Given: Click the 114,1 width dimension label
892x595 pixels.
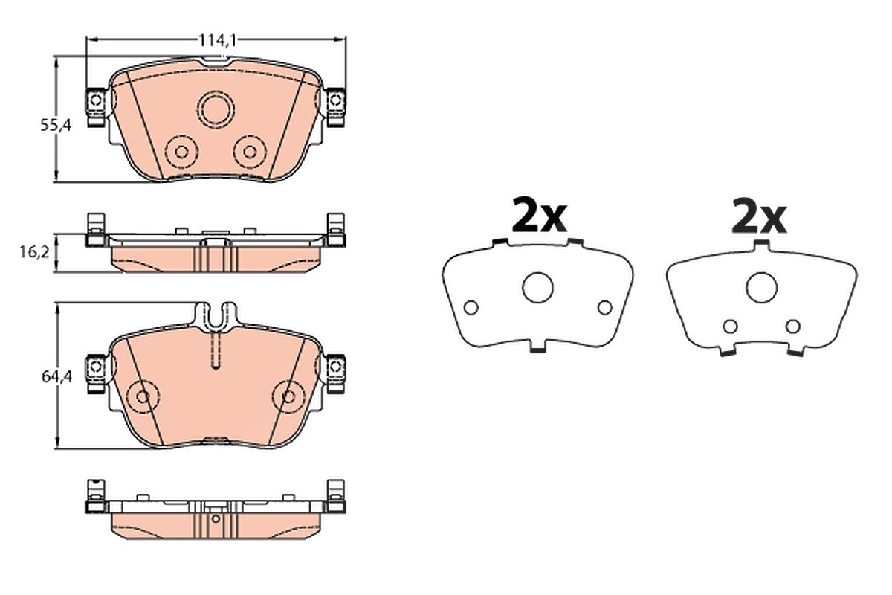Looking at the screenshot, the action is click(217, 40).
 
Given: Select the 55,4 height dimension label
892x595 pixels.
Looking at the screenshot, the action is click(56, 126).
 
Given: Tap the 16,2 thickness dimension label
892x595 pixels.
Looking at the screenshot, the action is click(34, 252).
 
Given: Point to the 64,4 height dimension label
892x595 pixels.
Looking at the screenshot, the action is click(57, 376).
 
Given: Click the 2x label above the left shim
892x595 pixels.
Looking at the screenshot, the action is click(539, 215).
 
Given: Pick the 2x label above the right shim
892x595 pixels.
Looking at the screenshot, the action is click(759, 215).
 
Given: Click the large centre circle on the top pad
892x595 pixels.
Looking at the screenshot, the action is click(216, 109).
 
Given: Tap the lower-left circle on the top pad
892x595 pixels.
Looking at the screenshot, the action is click(181, 152).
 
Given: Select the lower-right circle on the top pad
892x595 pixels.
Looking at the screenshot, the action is click(250, 152).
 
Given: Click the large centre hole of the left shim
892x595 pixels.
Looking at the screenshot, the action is click(537, 288).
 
